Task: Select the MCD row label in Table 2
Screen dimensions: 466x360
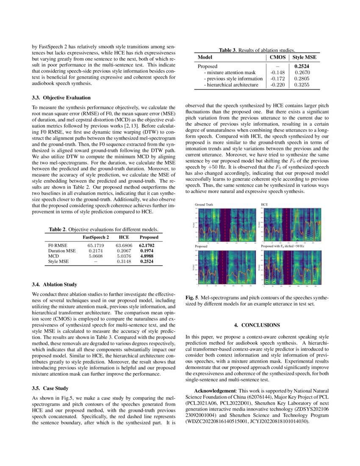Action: coord(53,256)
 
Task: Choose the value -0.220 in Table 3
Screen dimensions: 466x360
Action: coord(277,85)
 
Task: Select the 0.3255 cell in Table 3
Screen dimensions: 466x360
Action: coord(302,85)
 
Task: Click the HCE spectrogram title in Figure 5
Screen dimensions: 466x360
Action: coord(264,204)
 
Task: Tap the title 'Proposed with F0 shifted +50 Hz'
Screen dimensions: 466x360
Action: coord(283,246)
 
